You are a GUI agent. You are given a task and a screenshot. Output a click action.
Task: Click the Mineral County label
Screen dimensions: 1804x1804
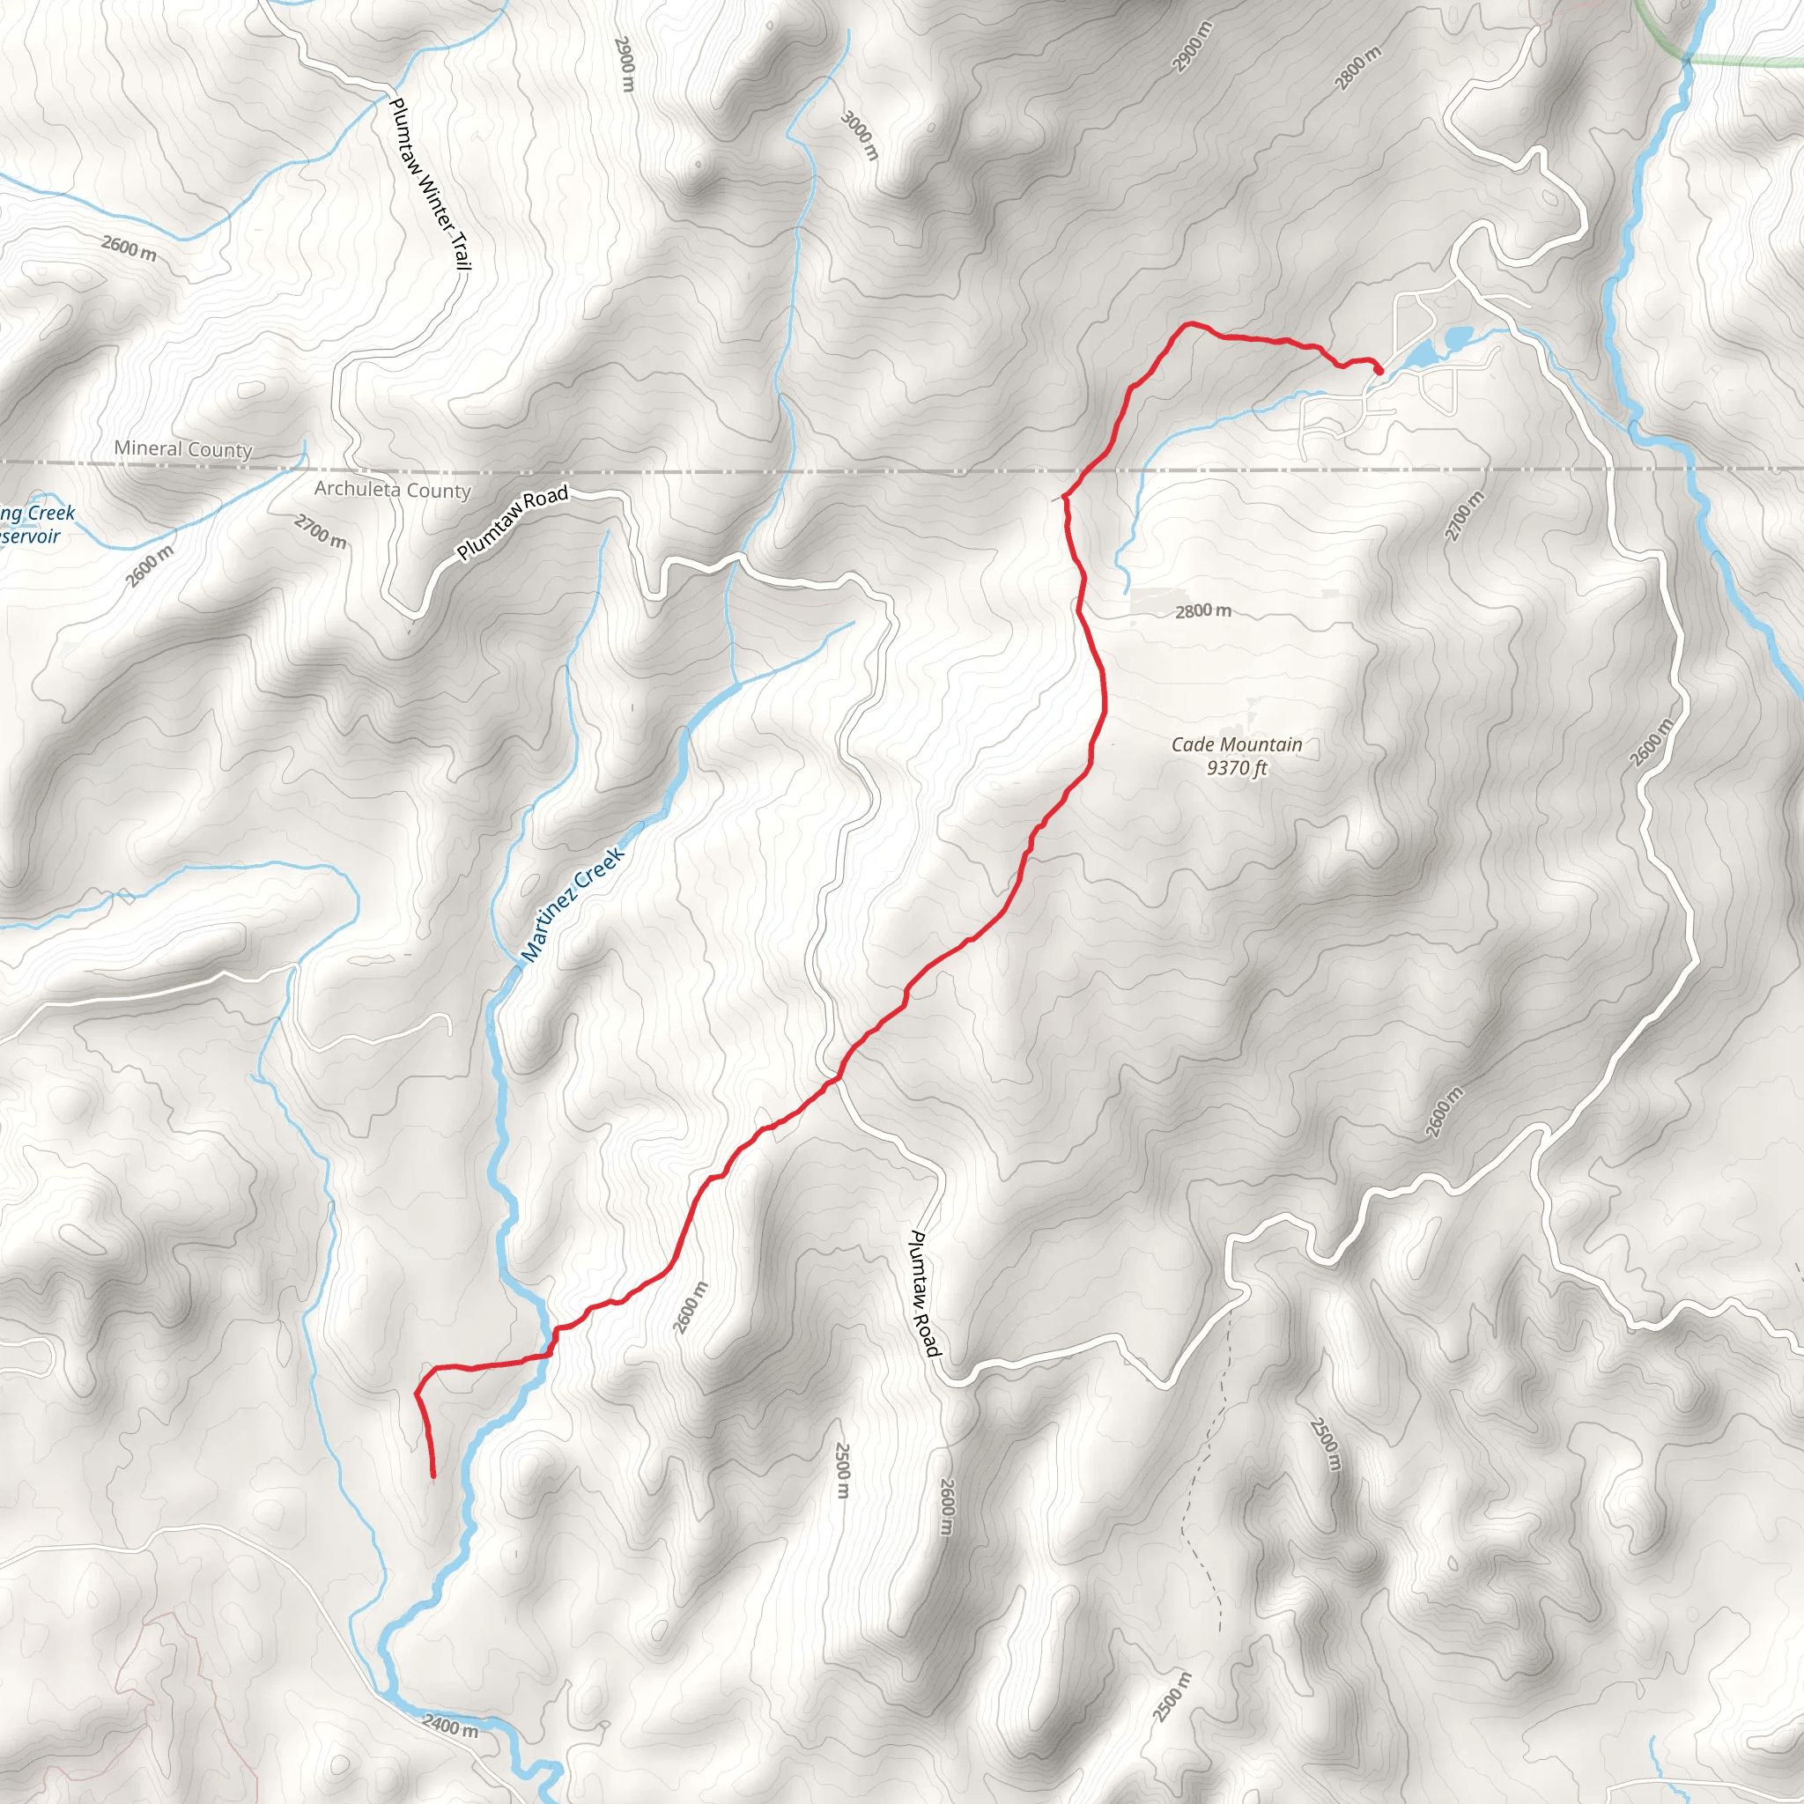(183, 449)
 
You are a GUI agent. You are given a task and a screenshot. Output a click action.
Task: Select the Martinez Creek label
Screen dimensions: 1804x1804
(573, 904)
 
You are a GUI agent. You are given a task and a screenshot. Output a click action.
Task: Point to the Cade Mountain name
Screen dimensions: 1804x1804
(1236, 744)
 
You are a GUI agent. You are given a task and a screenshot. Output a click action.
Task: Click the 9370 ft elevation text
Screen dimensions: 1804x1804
(1236, 767)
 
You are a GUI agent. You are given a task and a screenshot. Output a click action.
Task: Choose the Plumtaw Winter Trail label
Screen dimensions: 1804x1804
(430, 184)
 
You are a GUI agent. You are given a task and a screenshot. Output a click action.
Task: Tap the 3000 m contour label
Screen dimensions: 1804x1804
(860, 135)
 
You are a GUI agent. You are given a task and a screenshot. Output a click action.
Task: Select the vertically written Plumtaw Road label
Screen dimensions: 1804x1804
(923, 1293)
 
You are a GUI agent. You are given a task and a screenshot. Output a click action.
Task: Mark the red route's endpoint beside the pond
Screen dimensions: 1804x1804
(1379, 370)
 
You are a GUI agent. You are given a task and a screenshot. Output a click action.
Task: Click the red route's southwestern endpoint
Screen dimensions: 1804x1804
(433, 1476)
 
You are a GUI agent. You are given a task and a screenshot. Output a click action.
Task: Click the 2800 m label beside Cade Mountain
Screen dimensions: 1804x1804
(1202, 610)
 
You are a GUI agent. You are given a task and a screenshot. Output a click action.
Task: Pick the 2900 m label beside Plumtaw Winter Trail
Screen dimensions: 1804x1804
(625, 64)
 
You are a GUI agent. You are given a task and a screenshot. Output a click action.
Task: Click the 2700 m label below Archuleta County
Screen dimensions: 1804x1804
(321, 532)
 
